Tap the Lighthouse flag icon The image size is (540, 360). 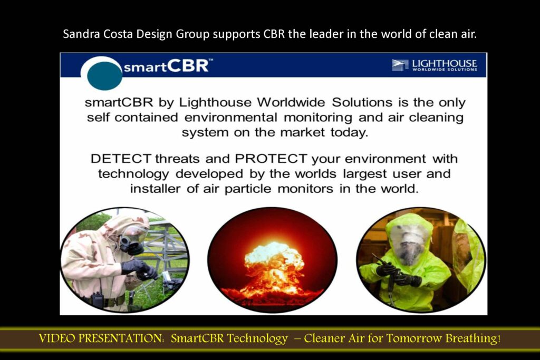(x=400, y=65)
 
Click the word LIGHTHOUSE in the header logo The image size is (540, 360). (x=444, y=63)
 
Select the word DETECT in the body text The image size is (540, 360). (x=121, y=159)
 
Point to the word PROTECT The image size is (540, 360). (x=271, y=159)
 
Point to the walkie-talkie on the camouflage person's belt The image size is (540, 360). (x=97, y=298)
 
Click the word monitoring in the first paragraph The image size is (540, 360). (x=318, y=118)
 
